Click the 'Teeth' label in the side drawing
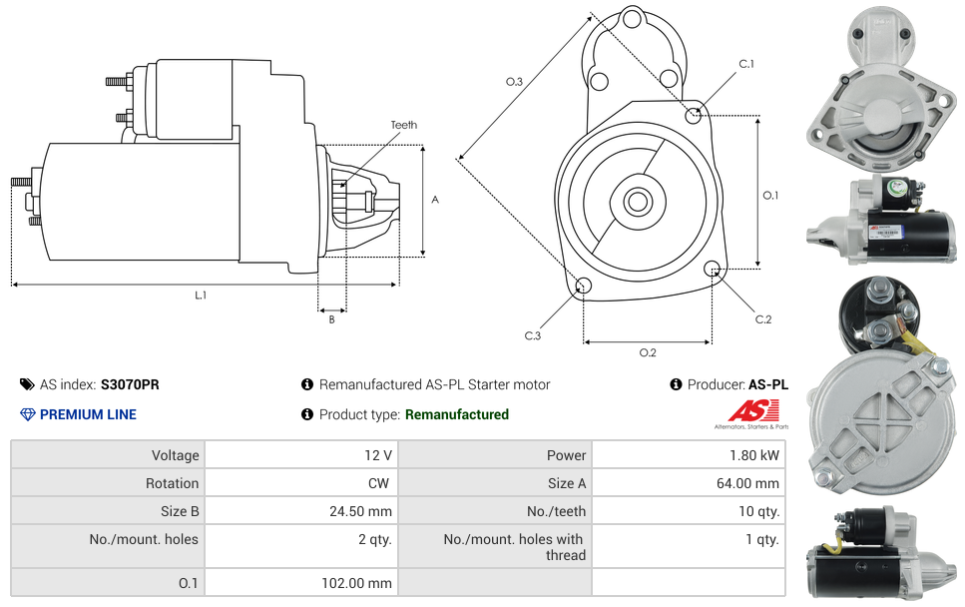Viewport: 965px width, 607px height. pos(403,125)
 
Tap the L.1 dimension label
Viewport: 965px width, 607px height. pos(201,296)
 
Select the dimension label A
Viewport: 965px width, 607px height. pos(434,200)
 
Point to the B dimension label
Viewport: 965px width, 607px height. pos(331,319)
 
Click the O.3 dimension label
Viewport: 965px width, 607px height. pos(514,82)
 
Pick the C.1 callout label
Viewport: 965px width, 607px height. pos(745,65)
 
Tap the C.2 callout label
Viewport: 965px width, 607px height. pos(762,319)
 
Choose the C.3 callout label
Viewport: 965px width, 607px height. pos(532,336)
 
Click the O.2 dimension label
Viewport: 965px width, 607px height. pos(647,352)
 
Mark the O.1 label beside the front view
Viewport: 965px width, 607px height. pos(769,196)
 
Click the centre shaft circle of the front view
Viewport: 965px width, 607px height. pos(637,202)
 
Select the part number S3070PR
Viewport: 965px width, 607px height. pos(130,384)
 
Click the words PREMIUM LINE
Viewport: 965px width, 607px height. pos(88,414)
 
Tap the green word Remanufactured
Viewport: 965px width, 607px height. pos(456,414)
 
